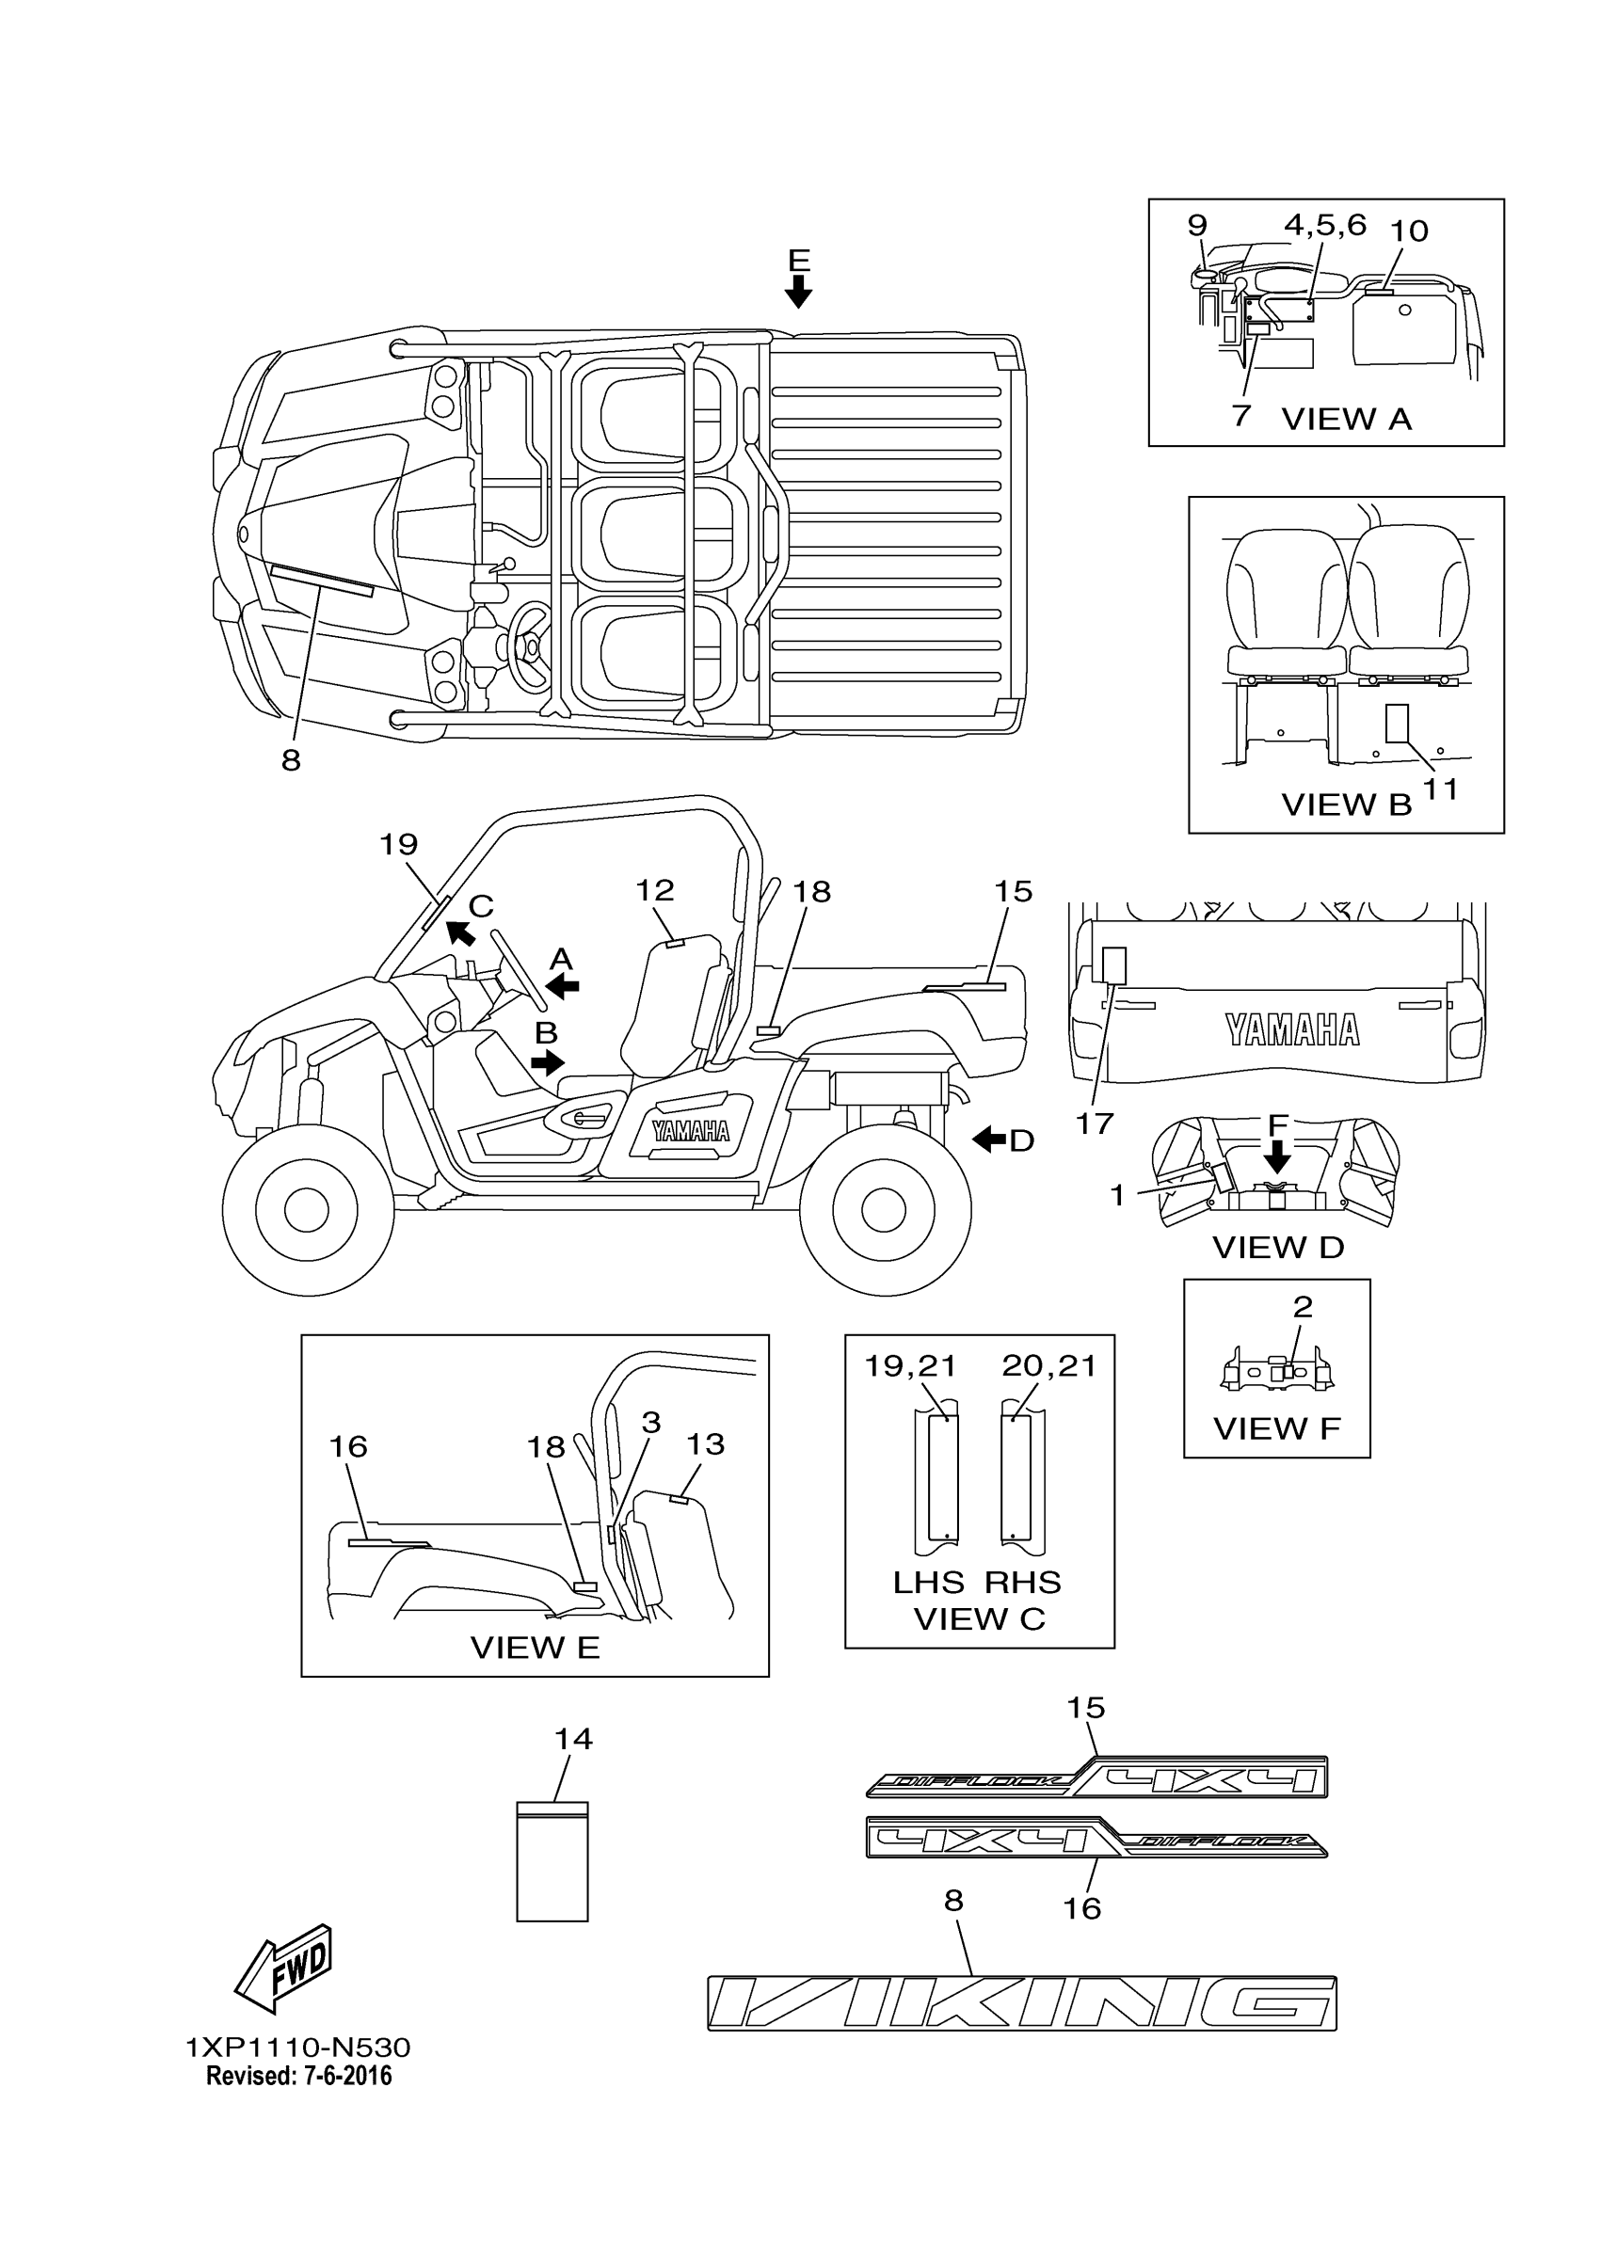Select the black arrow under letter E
pyautogui.click(x=798, y=291)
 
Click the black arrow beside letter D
pyautogui.click(x=989, y=1139)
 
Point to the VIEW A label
pyautogui.click(x=1346, y=419)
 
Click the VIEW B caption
pyautogui.click(x=1346, y=805)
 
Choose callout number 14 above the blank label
pyautogui.click(x=573, y=1740)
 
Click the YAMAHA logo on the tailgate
pyautogui.click(x=1292, y=1030)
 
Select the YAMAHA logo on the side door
pyautogui.click(x=690, y=1130)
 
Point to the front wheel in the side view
pyautogui.click(x=307, y=1208)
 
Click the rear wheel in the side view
pyautogui.click(x=885, y=1208)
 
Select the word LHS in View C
pyautogui.click(x=928, y=1582)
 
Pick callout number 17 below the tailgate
pyautogui.click(x=1095, y=1123)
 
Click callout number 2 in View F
pyautogui.click(x=1303, y=1307)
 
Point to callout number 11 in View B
pyautogui.click(x=1441, y=789)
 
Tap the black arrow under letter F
pyautogui.click(x=1277, y=1156)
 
